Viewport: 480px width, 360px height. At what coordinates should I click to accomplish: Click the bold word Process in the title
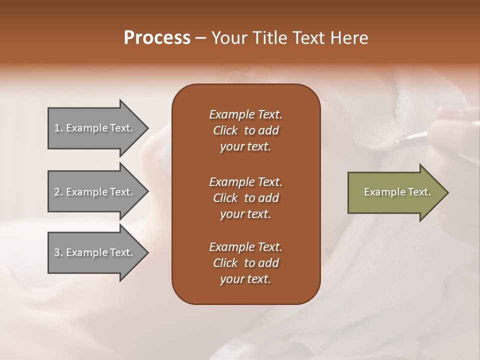tap(157, 38)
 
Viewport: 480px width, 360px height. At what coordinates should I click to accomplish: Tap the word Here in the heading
tap(349, 38)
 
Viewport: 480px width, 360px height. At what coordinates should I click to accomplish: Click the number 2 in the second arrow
tap(57, 192)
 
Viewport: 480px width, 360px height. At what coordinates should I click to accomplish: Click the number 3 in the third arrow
tap(57, 252)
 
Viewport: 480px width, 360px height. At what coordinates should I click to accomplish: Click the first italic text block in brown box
tap(245, 130)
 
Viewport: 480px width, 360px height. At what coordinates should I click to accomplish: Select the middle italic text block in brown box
tap(245, 197)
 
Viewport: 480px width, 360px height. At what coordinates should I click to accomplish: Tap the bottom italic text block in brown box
tap(245, 263)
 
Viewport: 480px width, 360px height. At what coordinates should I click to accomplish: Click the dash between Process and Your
tap(201, 38)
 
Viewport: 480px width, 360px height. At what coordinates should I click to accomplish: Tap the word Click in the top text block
tap(225, 130)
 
